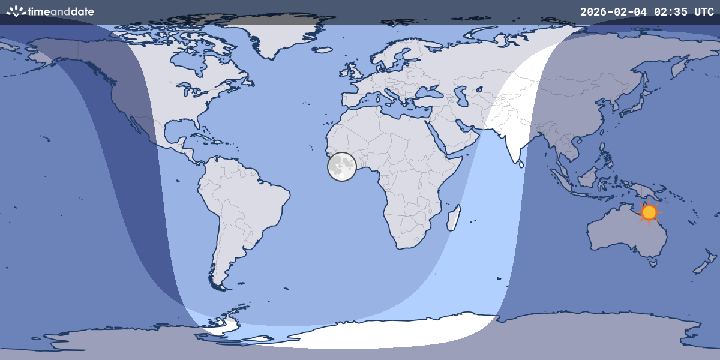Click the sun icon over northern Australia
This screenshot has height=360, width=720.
click(x=649, y=212)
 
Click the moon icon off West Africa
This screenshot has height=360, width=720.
click(x=342, y=167)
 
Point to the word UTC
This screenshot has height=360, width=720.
click(x=704, y=12)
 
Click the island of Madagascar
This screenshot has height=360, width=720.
click(x=454, y=217)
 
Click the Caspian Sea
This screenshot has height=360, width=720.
click(x=462, y=97)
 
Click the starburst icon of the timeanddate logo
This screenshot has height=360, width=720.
click(x=16, y=11)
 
